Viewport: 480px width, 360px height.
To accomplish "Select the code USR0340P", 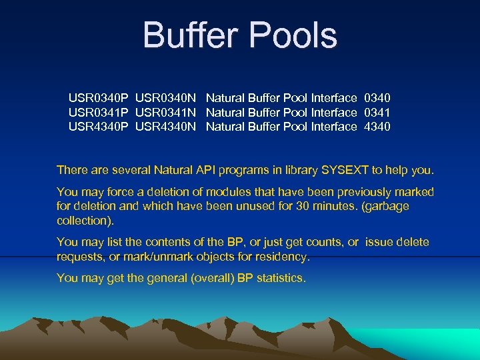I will [x=99, y=98].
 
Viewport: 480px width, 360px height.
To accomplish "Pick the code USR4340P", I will [x=99, y=127].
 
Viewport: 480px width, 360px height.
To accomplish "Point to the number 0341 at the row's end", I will [x=377, y=113].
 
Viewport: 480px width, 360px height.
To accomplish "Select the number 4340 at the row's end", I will [x=377, y=127].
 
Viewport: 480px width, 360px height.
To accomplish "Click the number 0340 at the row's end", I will [x=377, y=98].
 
